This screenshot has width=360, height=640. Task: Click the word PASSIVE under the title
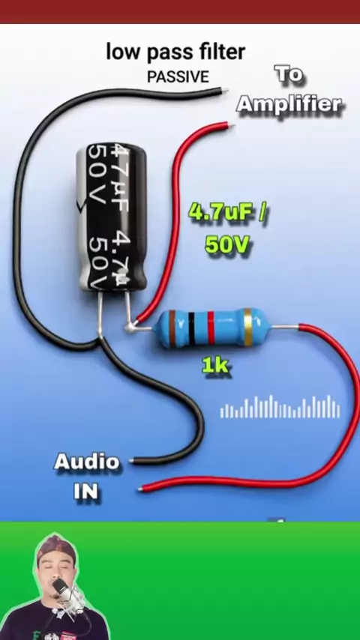178,76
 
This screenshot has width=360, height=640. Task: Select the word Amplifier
289,104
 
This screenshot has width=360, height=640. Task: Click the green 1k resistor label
215,366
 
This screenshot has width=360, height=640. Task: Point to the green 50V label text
227,244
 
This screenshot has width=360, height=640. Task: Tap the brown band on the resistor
172,327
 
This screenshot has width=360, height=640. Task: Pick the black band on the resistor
191,328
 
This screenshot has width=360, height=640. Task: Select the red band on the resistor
211,327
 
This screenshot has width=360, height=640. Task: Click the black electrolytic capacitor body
112,217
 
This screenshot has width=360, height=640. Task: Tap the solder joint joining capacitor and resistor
130,326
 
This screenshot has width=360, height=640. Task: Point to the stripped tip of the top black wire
224,90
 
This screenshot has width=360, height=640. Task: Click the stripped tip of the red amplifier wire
230,124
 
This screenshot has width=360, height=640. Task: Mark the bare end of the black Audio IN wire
131,461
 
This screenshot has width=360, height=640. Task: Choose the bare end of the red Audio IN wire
140,489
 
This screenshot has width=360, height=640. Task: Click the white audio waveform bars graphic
280,407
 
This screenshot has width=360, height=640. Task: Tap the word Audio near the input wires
87,462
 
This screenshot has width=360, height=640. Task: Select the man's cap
56,547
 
